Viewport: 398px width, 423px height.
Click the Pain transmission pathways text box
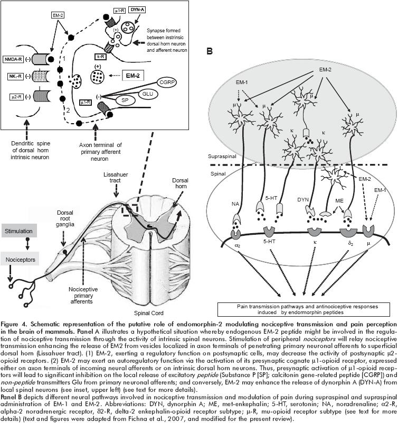pyautogui.click(x=306, y=308)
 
